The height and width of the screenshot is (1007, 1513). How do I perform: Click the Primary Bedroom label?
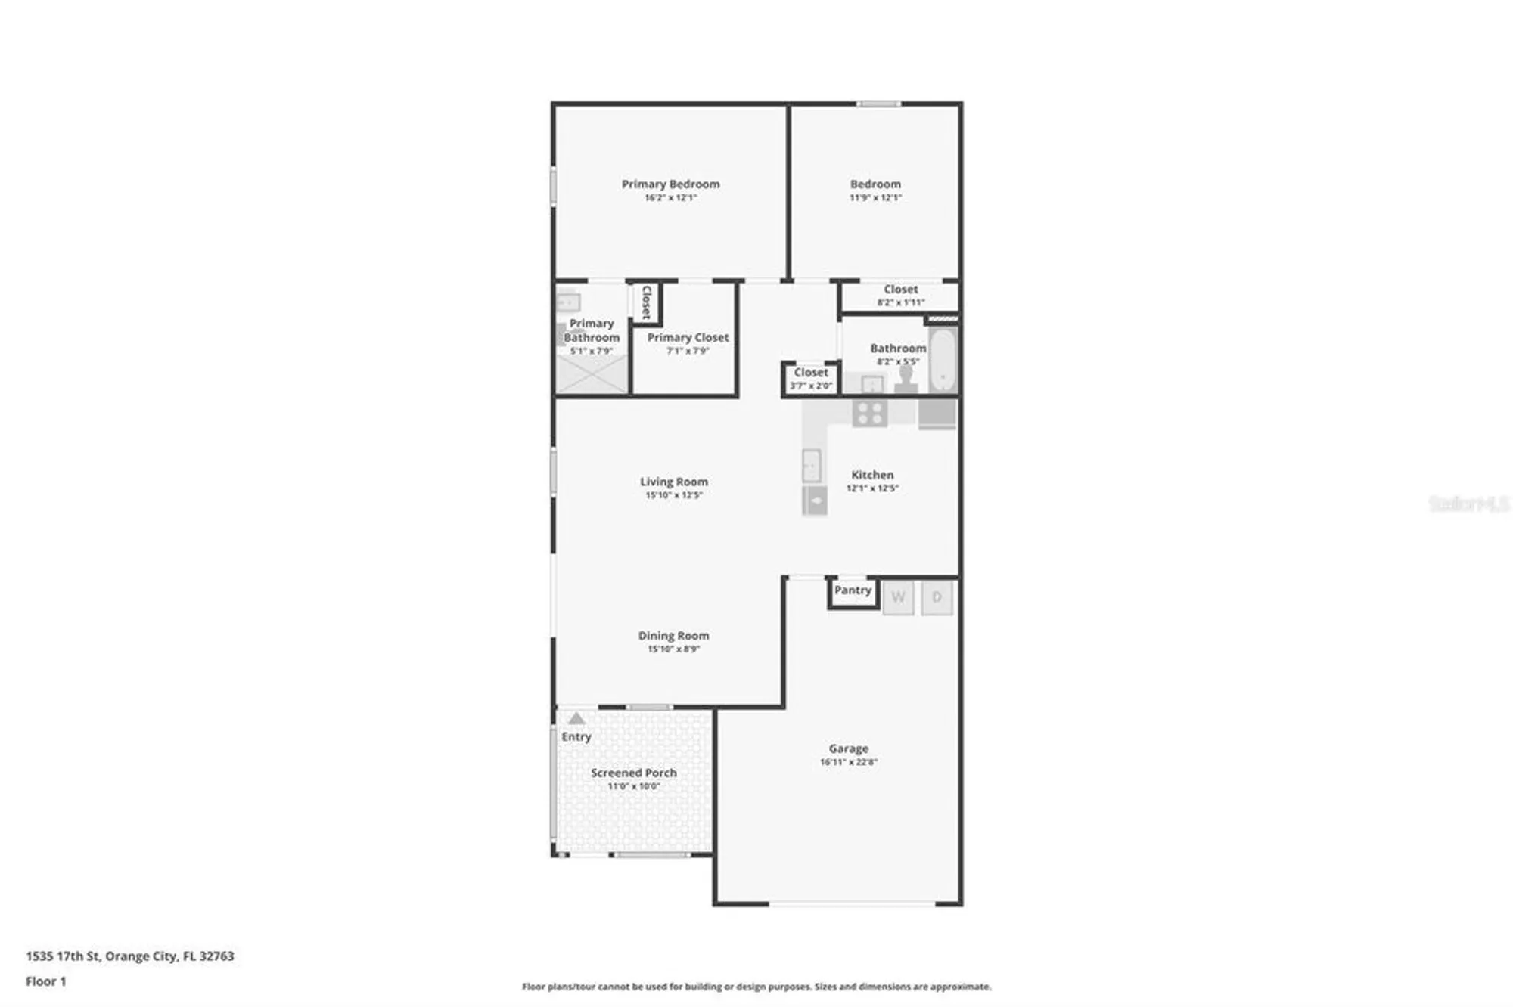coord(670,184)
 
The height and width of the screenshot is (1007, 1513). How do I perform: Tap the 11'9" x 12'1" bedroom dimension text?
coord(875,197)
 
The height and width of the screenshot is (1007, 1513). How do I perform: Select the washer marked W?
coord(898,597)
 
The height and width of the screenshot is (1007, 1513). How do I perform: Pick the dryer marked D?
coord(937,597)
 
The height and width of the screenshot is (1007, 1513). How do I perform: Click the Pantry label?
coord(853,590)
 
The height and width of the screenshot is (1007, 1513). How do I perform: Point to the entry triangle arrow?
coord(576,718)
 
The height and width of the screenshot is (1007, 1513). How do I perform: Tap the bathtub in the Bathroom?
coord(943,360)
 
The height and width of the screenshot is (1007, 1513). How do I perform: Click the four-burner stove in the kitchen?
coord(869,414)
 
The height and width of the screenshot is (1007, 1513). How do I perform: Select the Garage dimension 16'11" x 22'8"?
coord(848,762)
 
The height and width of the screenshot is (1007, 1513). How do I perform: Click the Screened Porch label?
coord(633,773)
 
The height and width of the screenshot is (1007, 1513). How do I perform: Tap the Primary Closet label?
coord(688,337)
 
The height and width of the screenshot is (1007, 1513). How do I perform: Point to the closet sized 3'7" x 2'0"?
coord(811,379)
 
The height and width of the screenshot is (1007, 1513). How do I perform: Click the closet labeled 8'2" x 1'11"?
coord(900,295)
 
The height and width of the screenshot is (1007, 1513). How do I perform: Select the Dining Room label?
coord(673,636)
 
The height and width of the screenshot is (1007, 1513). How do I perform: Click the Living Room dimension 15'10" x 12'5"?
coord(673,495)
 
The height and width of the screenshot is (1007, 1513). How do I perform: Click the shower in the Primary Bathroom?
coord(592,375)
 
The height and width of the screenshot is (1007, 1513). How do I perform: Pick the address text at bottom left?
coord(130,956)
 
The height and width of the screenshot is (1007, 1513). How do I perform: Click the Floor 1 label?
coord(46,981)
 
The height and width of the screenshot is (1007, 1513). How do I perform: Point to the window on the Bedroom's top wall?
coord(878,104)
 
